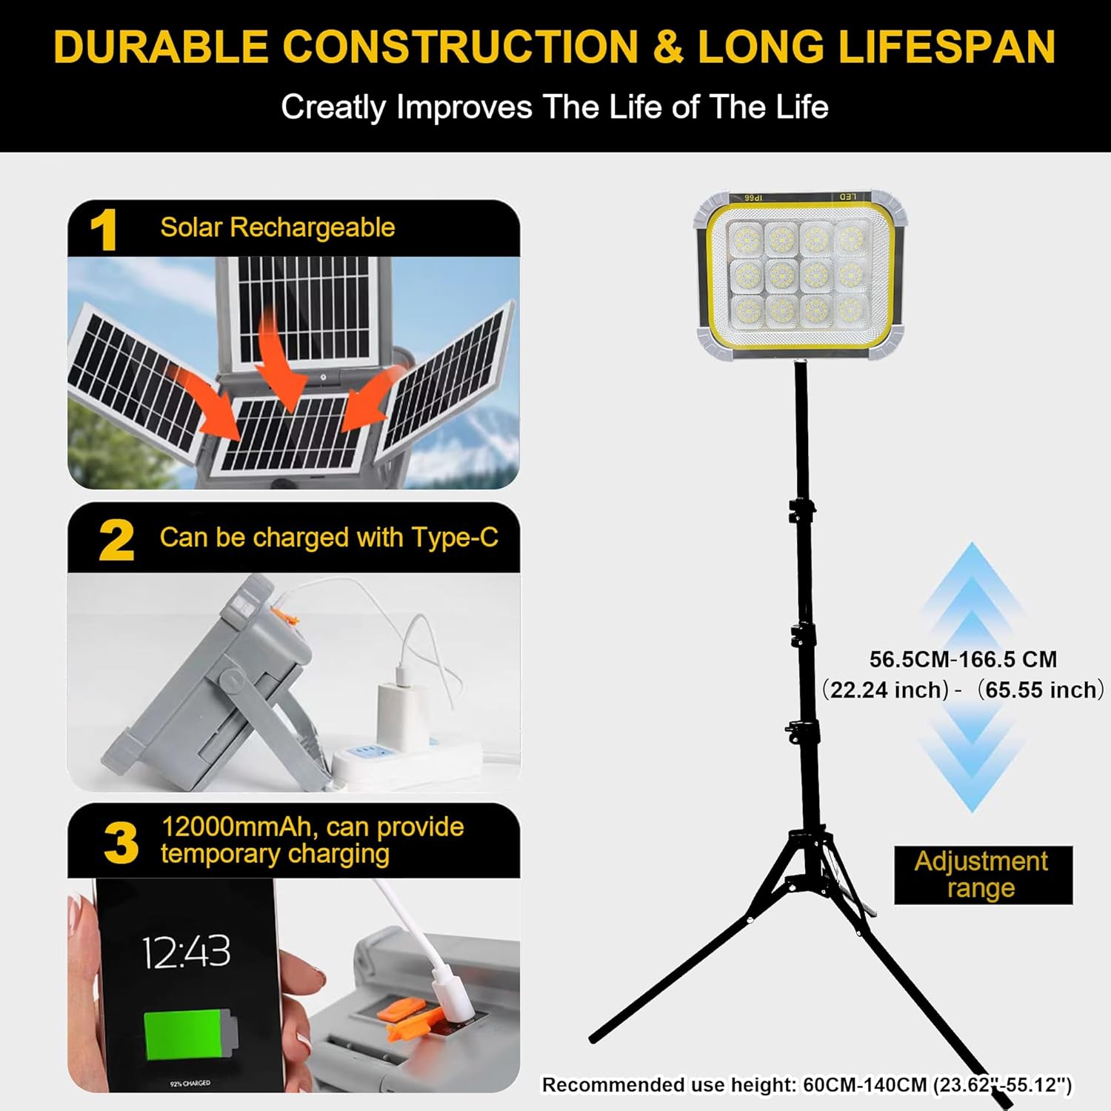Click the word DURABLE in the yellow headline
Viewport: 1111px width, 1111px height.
pyautogui.click(x=161, y=47)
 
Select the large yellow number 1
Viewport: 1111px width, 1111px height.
pyautogui.click(x=104, y=230)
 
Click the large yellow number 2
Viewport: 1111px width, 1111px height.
pyautogui.click(x=116, y=540)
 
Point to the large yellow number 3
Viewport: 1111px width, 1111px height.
pyautogui.click(x=121, y=843)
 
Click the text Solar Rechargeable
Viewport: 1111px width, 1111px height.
pyautogui.click(x=277, y=227)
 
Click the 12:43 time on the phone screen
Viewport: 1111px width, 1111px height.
pyautogui.click(x=186, y=952)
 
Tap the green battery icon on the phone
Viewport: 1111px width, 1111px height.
pyautogui.click(x=191, y=1036)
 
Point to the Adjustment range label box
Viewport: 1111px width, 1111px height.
pyautogui.click(x=983, y=875)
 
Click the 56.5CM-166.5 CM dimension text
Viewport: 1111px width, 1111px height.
pyautogui.click(x=963, y=659)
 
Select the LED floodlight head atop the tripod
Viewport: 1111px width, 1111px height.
pyautogui.click(x=801, y=276)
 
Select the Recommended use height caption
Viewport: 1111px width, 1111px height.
pyautogui.click(x=807, y=1085)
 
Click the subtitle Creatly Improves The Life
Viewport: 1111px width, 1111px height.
pyautogui.click(x=555, y=107)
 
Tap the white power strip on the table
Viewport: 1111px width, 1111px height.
pyautogui.click(x=407, y=763)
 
